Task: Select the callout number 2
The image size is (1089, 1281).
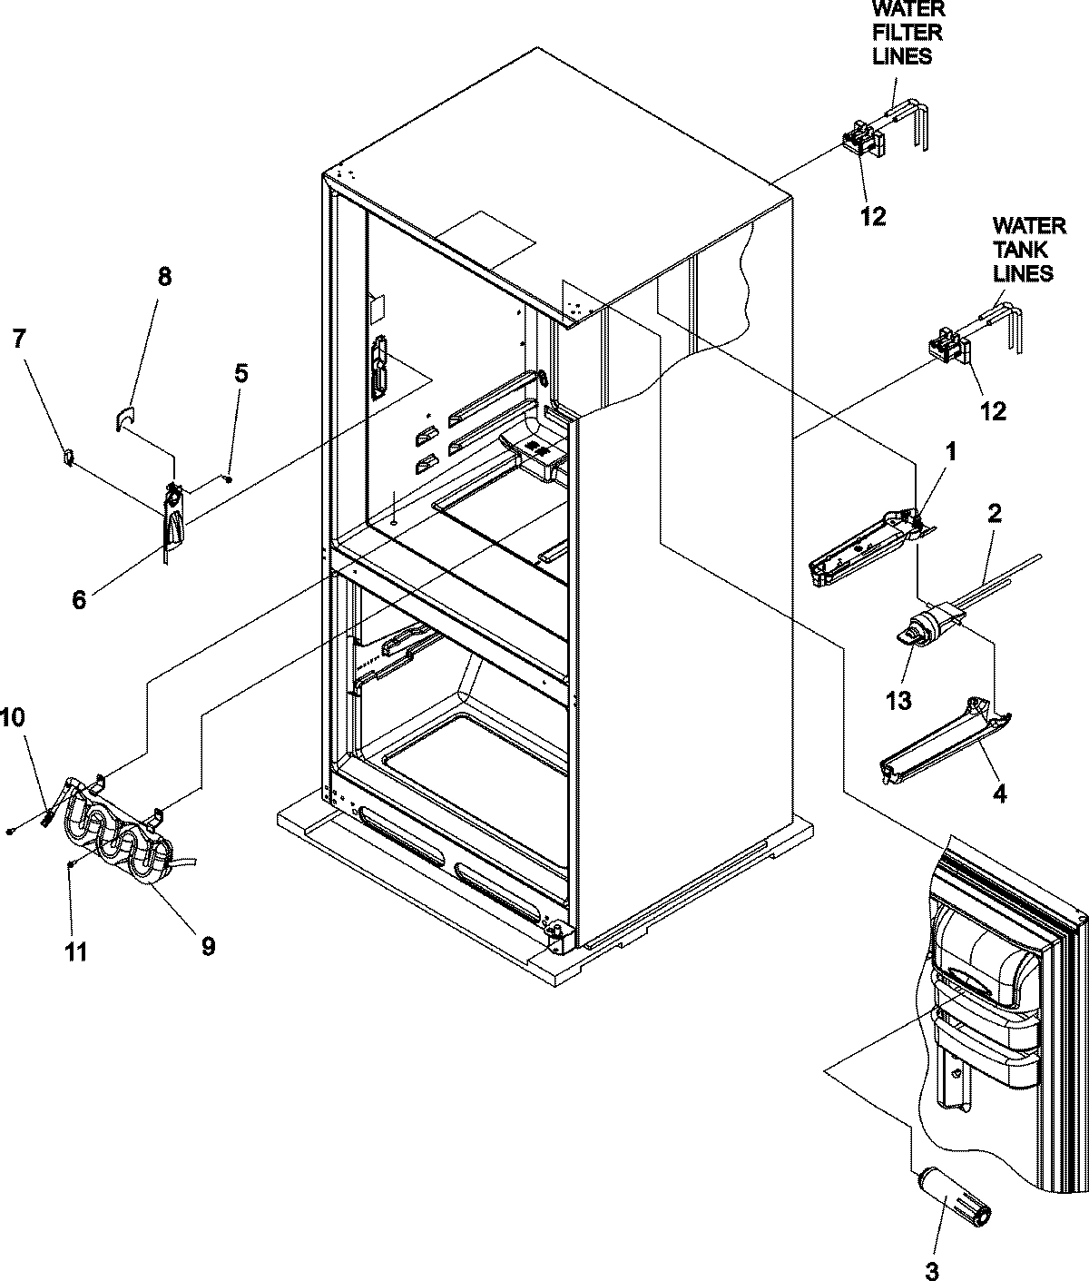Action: point(994,514)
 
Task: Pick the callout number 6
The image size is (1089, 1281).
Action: point(80,600)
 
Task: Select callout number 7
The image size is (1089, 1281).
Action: point(19,339)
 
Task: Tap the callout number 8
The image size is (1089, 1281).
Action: point(163,277)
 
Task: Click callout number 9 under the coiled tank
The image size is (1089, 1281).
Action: point(207,946)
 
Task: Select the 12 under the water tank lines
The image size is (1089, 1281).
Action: point(994,411)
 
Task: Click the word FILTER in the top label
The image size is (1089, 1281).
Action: point(907,33)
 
